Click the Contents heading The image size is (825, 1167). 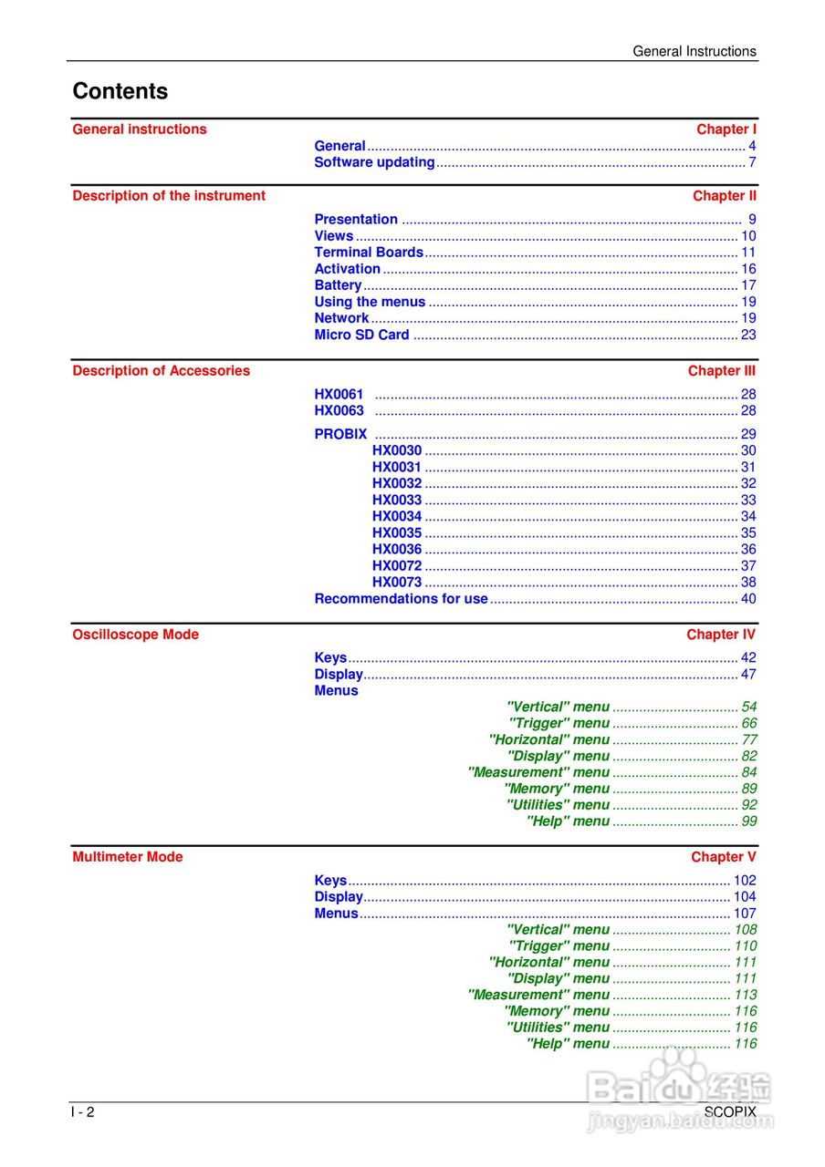(x=120, y=91)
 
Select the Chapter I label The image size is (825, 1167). (x=726, y=129)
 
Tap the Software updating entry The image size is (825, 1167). (x=374, y=162)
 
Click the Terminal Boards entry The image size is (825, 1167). (x=369, y=253)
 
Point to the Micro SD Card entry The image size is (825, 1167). (x=361, y=335)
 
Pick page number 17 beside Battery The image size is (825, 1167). (x=748, y=285)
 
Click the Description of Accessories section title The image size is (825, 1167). (x=161, y=371)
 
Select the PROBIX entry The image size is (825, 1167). (x=340, y=434)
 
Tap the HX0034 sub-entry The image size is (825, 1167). (x=397, y=516)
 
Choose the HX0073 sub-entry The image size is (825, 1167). (x=397, y=582)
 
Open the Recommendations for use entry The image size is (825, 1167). (x=401, y=599)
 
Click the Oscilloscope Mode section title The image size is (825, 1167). (x=135, y=635)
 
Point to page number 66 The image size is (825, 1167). (x=749, y=723)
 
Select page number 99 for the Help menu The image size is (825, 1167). (x=749, y=821)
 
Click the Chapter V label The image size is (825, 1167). (x=724, y=857)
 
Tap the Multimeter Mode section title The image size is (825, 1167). (x=127, y=857)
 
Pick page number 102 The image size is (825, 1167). (x=745, y=881)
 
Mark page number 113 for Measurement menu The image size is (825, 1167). (x=746, y=995)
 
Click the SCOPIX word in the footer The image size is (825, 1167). (x=730, y=1112)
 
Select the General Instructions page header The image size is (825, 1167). (x=694, y=52)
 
